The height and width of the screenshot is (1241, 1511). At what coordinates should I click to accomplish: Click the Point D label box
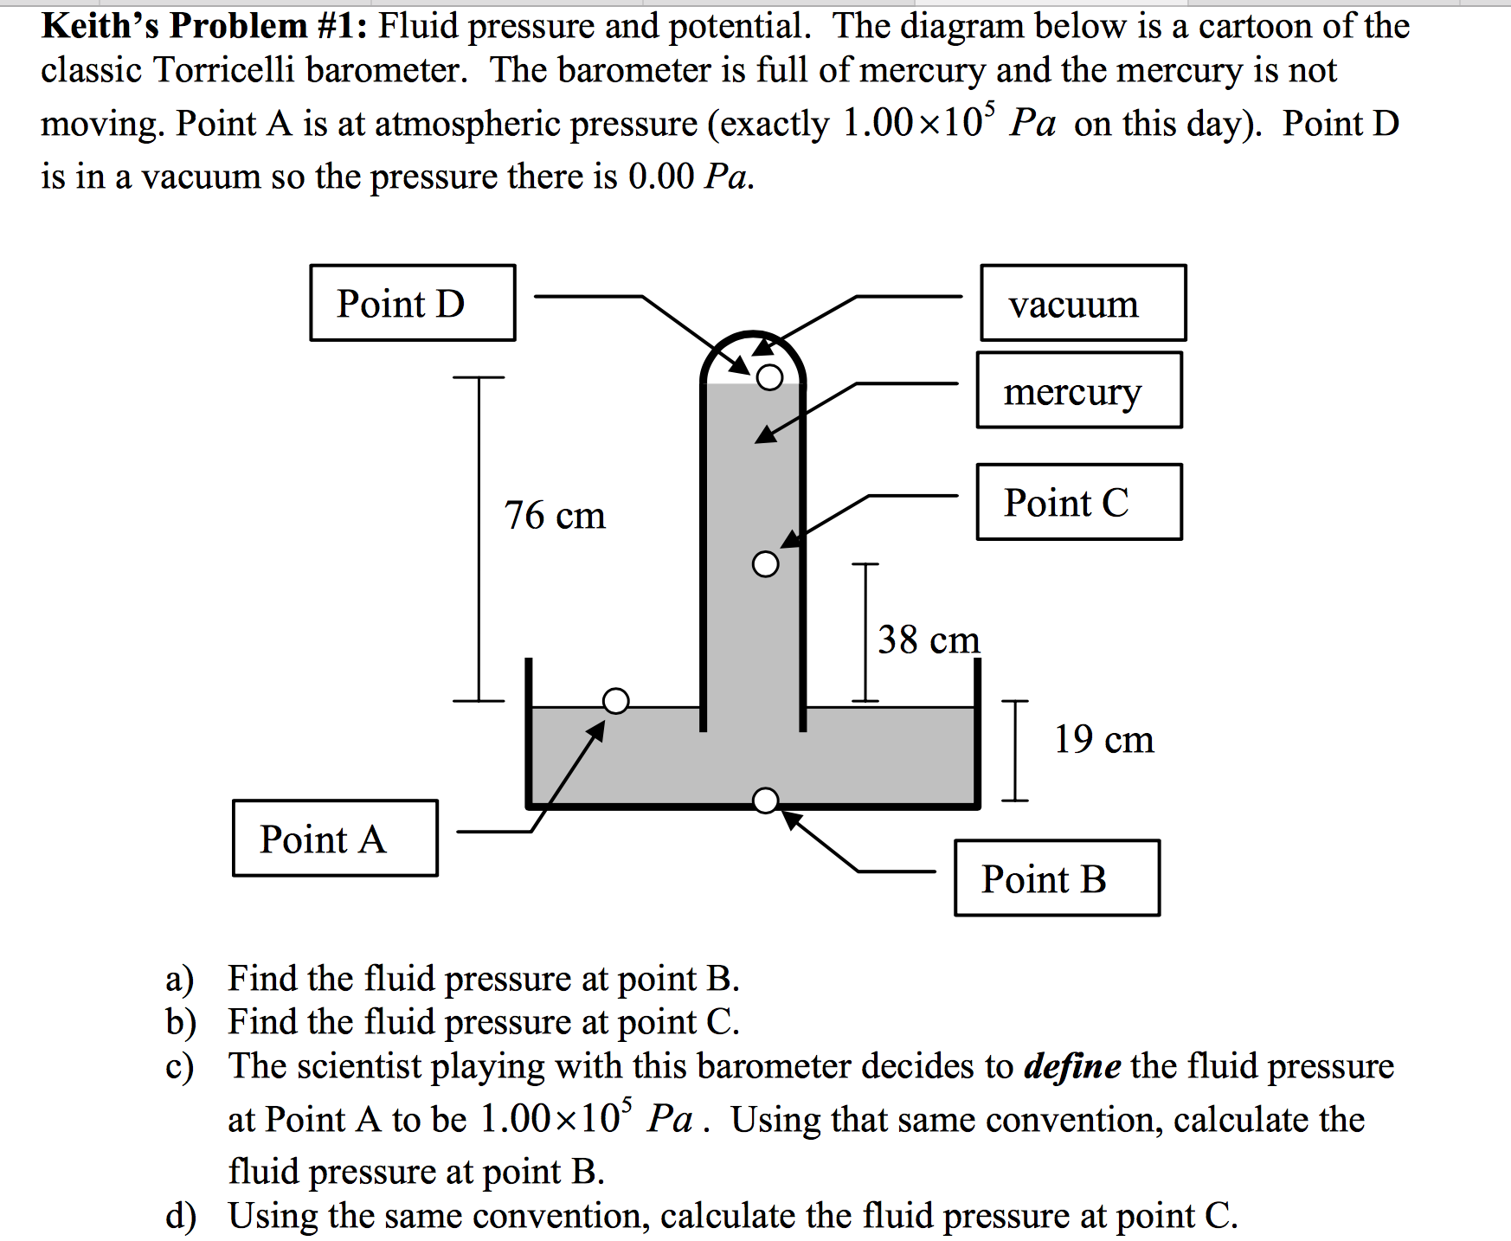pos(413,303)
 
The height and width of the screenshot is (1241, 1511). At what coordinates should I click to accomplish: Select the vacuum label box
pos(1083,303)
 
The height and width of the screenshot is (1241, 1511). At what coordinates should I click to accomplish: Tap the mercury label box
pos(1079,390)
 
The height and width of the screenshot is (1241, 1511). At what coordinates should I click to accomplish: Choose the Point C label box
pos(1079,502)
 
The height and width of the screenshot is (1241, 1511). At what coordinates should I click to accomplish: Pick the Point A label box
pos(335,838)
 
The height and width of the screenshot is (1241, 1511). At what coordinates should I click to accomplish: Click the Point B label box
pos(1057,878)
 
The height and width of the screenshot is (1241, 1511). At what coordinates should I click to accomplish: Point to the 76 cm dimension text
pos(555,516)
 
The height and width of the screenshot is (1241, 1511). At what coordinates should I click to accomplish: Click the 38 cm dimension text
pos(929,640)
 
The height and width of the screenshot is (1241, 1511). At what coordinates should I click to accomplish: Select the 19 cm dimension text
pos(1103,740)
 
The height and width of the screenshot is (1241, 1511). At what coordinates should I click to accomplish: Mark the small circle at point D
pos(769,377)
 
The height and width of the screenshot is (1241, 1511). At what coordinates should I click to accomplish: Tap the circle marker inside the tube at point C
pos(765,564)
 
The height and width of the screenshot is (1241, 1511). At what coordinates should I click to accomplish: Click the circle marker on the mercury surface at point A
pos(615,700)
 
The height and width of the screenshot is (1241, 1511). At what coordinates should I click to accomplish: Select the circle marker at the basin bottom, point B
pos(765,801)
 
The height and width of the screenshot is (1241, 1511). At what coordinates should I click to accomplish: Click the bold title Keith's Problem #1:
pos(205,26)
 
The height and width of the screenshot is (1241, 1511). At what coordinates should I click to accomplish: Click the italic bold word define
pos(1072,1066)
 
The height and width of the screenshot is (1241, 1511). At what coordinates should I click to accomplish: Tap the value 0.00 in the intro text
pos(661,177)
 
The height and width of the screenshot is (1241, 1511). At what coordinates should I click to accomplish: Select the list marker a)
pos(180,979)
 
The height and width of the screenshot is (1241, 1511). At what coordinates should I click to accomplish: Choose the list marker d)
pos(180,1216)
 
